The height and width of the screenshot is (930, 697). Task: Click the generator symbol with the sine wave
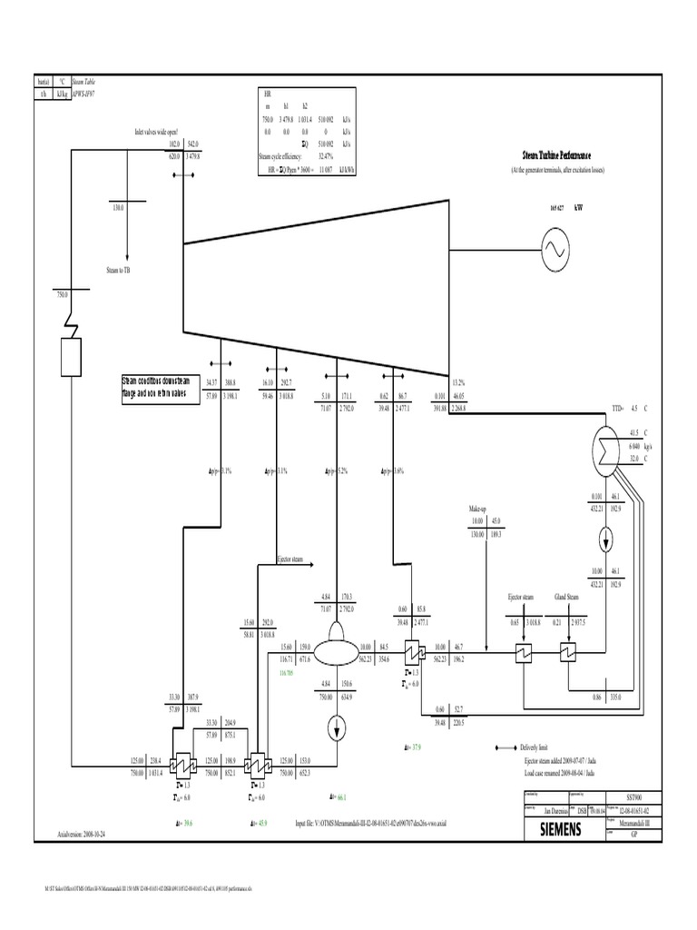pos(555,246)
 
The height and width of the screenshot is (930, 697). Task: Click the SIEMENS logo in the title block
pos(561,829)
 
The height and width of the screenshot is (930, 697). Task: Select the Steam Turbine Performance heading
pos(558,156)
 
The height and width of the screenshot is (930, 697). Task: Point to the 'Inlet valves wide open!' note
pos(156,131)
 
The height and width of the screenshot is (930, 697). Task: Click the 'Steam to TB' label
pos(119,270)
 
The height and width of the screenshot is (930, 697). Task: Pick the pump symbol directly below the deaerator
pos(336,726)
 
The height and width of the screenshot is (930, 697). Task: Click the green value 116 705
pos(289,675)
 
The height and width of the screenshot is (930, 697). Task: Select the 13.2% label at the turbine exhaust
pos(459,382)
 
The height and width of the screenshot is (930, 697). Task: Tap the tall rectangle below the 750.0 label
pos(71,355)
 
